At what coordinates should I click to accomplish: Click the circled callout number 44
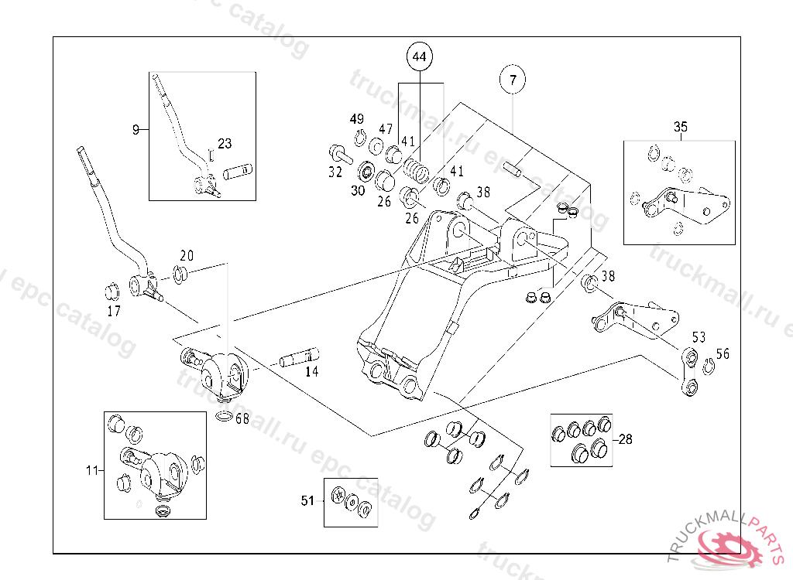[x=419, y=57]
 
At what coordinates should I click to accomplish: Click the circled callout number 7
[x=512, y=79]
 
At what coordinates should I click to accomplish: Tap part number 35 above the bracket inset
[x=680, y=127]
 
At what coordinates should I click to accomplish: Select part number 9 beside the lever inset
[x=136, y=129]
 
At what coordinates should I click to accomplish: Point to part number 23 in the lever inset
[x=224, y=143]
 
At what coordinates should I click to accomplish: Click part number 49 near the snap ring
[x=356, y=119]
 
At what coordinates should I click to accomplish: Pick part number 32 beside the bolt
[x=335, y=172]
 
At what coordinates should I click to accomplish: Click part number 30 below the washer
[x=357, y=190]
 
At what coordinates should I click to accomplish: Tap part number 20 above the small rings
[x=187, y=256]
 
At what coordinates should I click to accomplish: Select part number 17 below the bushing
[x=114, y=312]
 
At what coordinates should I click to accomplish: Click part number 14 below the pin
[x=311, y=372]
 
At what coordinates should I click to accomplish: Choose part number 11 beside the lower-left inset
[x=92, y=469]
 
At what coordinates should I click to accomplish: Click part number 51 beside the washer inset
[x=307, y=501]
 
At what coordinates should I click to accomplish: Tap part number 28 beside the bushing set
[x=625, y=439]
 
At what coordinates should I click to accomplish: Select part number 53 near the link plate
[x=699, y=337]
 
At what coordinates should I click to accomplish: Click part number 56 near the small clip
[x=723, y=354]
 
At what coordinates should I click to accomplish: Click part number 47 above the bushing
[x=386, y=128]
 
